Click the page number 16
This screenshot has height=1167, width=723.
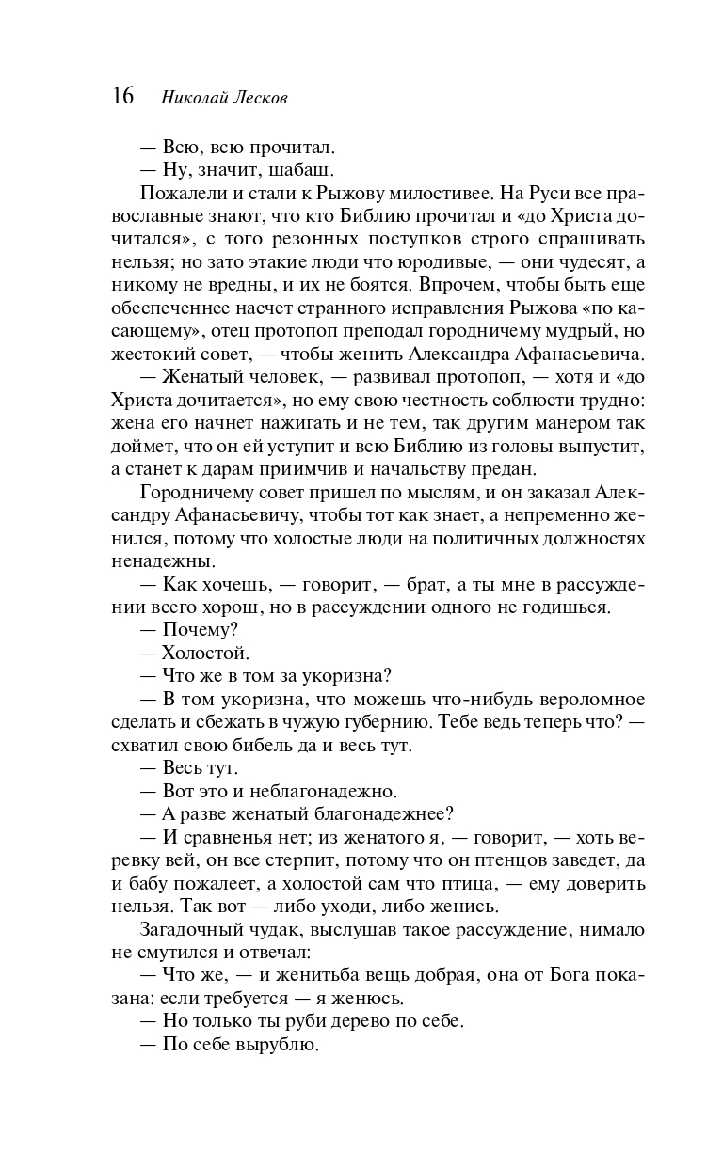[x=122, y=96]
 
